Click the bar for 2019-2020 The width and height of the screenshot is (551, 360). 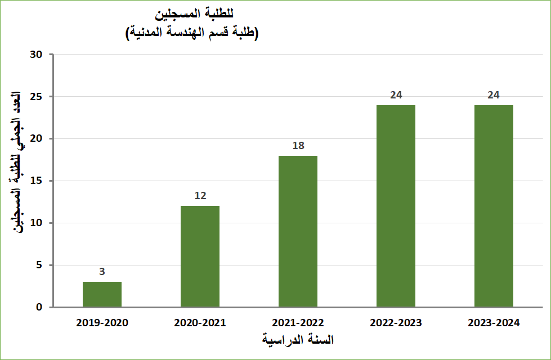click(102, 294)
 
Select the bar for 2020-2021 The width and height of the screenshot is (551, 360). click(200, 256)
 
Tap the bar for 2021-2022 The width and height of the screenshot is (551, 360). click(298, 231)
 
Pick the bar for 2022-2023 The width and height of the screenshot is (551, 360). click(396, 206)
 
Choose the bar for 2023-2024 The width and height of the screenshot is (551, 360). click(494, 206)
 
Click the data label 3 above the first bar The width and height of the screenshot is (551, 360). click(102, 272)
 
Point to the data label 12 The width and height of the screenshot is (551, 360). click(200, 196)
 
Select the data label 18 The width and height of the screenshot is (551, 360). click(298, 146)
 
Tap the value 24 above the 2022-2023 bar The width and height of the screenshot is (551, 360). click(396, 95)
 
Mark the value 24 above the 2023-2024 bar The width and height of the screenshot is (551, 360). click(494, 95)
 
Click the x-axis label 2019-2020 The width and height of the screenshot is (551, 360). click(102, 323)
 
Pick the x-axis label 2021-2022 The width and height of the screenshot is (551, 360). click(298, 323)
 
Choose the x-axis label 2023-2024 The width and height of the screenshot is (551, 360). click(494, 323)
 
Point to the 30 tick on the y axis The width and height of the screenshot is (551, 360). click(37, 55)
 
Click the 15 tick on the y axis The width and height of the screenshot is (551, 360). click(37, 181)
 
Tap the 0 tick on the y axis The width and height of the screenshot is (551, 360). click(40, 307)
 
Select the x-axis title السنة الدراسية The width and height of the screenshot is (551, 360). click(298, 340)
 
